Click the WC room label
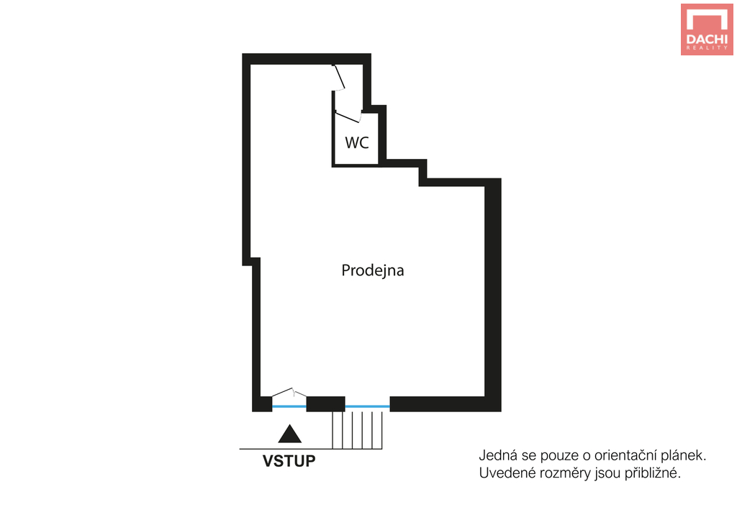point(357,142)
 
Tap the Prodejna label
point(373,270)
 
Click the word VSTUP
point(289,461)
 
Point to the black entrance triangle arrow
point(289,434)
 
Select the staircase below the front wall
point(357,430)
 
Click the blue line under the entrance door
point(289,406)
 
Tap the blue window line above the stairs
point(368,406)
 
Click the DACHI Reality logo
point(707,29)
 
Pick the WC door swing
point(348,116)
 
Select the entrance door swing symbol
point(289,393)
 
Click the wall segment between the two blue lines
point(326,404)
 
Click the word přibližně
point(652,473)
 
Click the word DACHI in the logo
point(707,39)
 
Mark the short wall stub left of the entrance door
point(262,404)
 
